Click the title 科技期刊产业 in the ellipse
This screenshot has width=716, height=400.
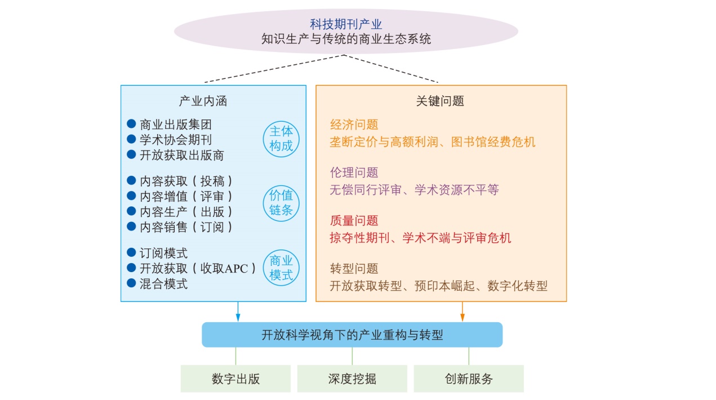346,24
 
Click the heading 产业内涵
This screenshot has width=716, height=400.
203,101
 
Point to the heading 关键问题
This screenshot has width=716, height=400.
440,101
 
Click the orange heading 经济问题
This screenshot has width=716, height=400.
354,125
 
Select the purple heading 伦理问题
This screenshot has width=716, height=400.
354,172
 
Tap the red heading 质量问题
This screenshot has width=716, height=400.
354,221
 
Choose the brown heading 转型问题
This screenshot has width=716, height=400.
354,269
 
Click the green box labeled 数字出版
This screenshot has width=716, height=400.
235,379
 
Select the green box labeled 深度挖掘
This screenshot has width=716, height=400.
352,379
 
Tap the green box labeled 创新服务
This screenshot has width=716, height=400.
469,379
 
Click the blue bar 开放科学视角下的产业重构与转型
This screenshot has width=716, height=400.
352,335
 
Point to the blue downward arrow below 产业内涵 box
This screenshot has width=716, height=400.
238,312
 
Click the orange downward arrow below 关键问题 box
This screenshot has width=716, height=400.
462,312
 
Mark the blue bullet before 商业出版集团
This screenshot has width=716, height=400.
131,124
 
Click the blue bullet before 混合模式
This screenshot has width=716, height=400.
131,283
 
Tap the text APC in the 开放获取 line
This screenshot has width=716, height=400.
236,269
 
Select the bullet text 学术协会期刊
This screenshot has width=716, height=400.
176,140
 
